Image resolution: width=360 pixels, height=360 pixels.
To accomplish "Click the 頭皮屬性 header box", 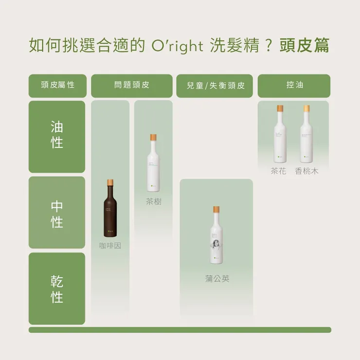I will coord(57,85).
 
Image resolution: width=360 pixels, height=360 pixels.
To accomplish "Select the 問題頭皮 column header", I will coord(131,85).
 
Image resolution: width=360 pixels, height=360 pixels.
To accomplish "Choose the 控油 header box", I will coord(294,85).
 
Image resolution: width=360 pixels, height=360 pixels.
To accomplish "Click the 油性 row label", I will coord(57,136).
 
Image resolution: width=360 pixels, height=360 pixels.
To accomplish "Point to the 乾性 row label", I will coord(57,288).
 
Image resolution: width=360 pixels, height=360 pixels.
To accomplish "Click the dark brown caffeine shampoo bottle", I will coord(110,212).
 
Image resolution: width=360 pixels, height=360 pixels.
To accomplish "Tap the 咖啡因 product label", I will coord(110,246).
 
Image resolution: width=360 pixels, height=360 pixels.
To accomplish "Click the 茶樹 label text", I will coord(153,201).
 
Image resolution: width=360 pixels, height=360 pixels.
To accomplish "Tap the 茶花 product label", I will coord(279,171).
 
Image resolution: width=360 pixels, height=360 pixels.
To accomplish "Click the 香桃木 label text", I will coord(307,171).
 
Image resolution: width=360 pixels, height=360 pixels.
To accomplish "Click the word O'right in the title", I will coord(176,46).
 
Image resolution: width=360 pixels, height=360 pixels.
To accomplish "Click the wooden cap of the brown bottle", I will coord(110,183).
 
